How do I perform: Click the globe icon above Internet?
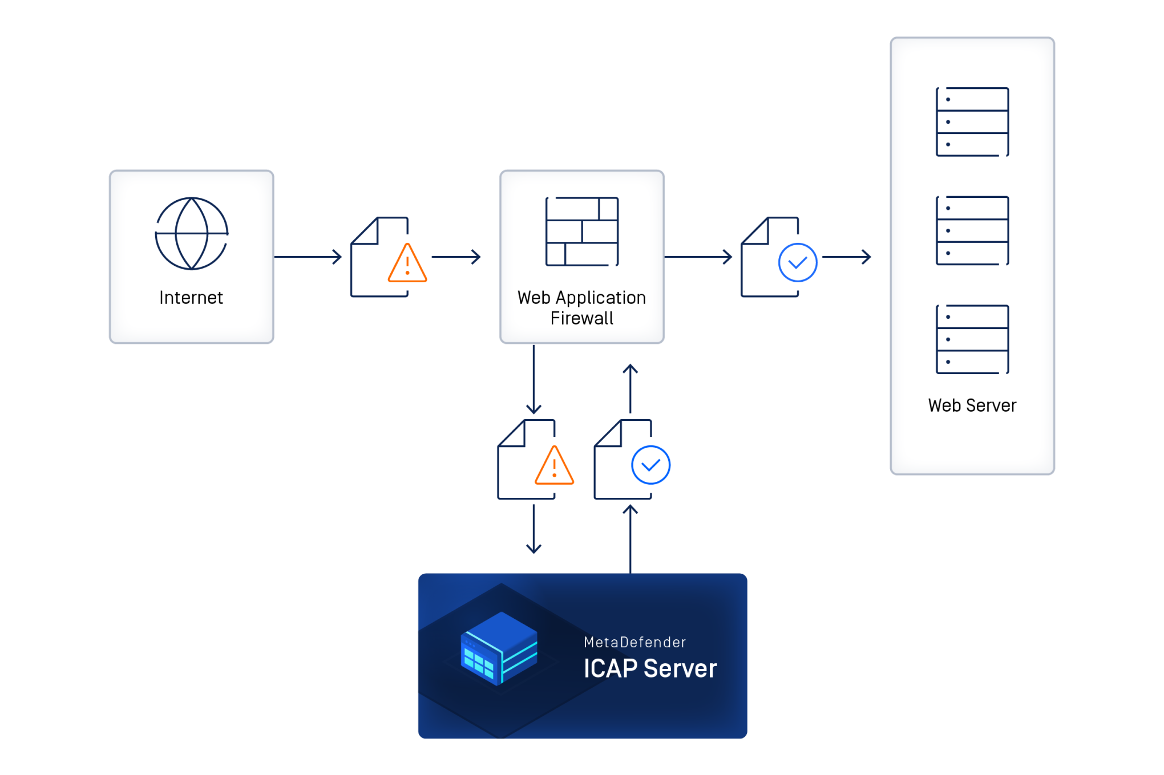[x=192, y=233]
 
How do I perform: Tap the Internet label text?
[x=191, y=298]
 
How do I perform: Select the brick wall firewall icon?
[x=582, y=232]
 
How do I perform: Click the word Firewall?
[x=582, y=318]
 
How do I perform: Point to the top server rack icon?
[x=972, y=122]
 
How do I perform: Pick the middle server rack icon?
[x=972, y=231]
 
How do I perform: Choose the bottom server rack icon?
[x=972, y=339]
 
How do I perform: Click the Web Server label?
[x=972, y=405]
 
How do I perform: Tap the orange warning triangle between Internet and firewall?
[x=407, y=264]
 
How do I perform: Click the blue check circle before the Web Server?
[x=798, y=262]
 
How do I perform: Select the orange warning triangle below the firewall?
[x=554, y=466]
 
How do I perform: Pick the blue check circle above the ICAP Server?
[x=650, y=465]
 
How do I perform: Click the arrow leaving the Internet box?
[x=308, y=257]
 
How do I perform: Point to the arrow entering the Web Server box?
[x=847, y=257]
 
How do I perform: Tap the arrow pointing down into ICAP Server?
[x=533, y=529]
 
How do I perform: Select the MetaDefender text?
[x=635, y=643]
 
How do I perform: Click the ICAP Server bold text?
[x=650, y=669]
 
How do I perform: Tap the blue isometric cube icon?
[x=499, y=648]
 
